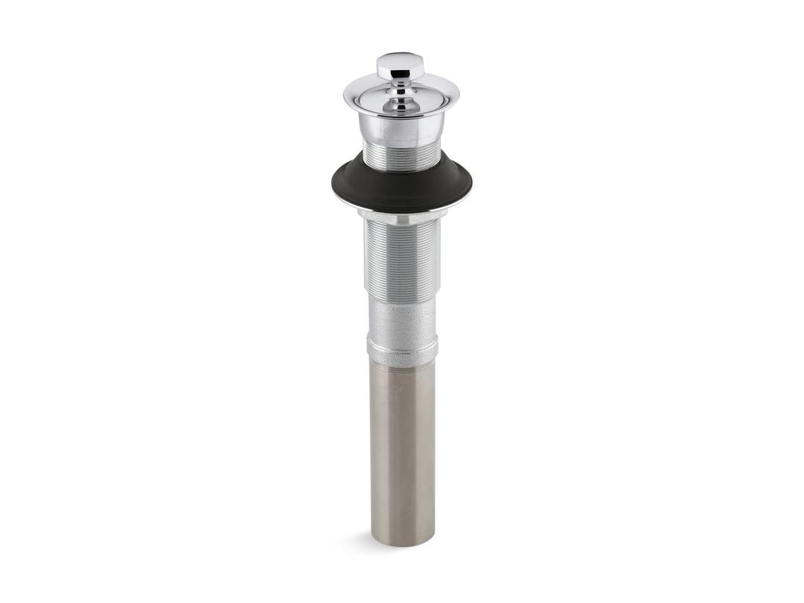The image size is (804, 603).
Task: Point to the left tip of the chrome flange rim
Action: pyautogui.click(x=345, y=95)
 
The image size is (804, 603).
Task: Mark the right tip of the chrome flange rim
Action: pyautogui.click(x=459, y=95)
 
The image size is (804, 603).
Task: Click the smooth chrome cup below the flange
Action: pyautogui.click(x=401, y=127)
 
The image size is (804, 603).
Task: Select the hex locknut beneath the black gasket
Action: pyautogui.click(x=401, y=216)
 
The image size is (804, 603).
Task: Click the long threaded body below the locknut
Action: pyautogui.click(x=401, y=261)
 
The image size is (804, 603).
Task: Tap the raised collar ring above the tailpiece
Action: pyautogui.click(x=401, y=351)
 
